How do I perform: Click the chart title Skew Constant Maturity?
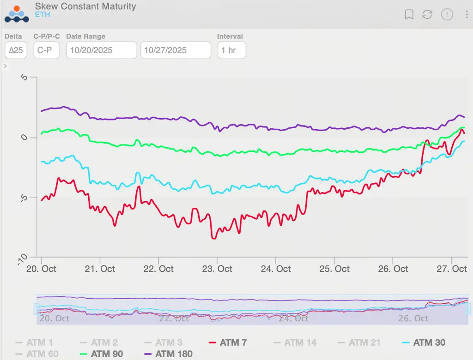tap(85, 6)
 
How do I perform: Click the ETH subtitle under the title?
tap(42, 15)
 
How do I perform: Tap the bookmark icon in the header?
tap(409, 15)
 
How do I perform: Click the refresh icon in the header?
tap(427, 15)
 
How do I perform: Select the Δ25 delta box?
tap(16, 50)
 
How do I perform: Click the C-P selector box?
tap(47, 50)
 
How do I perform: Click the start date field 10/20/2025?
tap(102, 50)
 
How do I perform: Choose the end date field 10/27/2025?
tap(176, 50)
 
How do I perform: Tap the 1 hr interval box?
tap(231, 50)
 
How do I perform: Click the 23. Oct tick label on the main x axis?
tap(218, 269)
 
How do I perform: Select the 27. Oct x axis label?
tap(453, 269)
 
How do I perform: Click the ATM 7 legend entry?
tap(233, 342)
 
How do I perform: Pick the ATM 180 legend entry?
tap(174, 354)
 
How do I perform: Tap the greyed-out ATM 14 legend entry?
tap(300, 342)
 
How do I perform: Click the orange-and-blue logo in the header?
tap(17, 14)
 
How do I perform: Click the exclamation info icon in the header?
tap(447, 15)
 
